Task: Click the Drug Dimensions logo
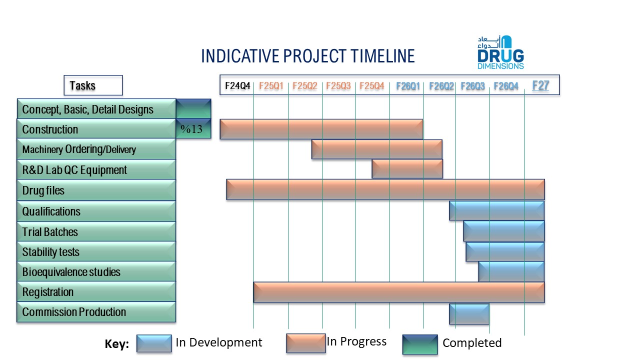pos(500,52)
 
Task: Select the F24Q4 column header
pos(237,85)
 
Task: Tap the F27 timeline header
pos(540,85)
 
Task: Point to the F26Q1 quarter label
pos(407,86)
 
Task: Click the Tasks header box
pos(93,85)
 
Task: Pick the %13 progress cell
pos(193,129)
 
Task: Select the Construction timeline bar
pos(321,129)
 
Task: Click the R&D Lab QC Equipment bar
pos(407,169)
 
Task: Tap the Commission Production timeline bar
pos(469,314)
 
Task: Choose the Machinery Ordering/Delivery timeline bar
pos(377,149)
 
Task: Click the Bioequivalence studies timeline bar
pos(511,271)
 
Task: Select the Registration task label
pos(48,292)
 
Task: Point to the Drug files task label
pos(43,190)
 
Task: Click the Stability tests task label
pos(51,252)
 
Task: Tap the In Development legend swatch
pos(154,343)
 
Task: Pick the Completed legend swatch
pos(420,344)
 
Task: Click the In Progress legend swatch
pos(306,343)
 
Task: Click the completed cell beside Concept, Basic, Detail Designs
pos(193,109)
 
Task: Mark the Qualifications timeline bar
pos(496,211)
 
